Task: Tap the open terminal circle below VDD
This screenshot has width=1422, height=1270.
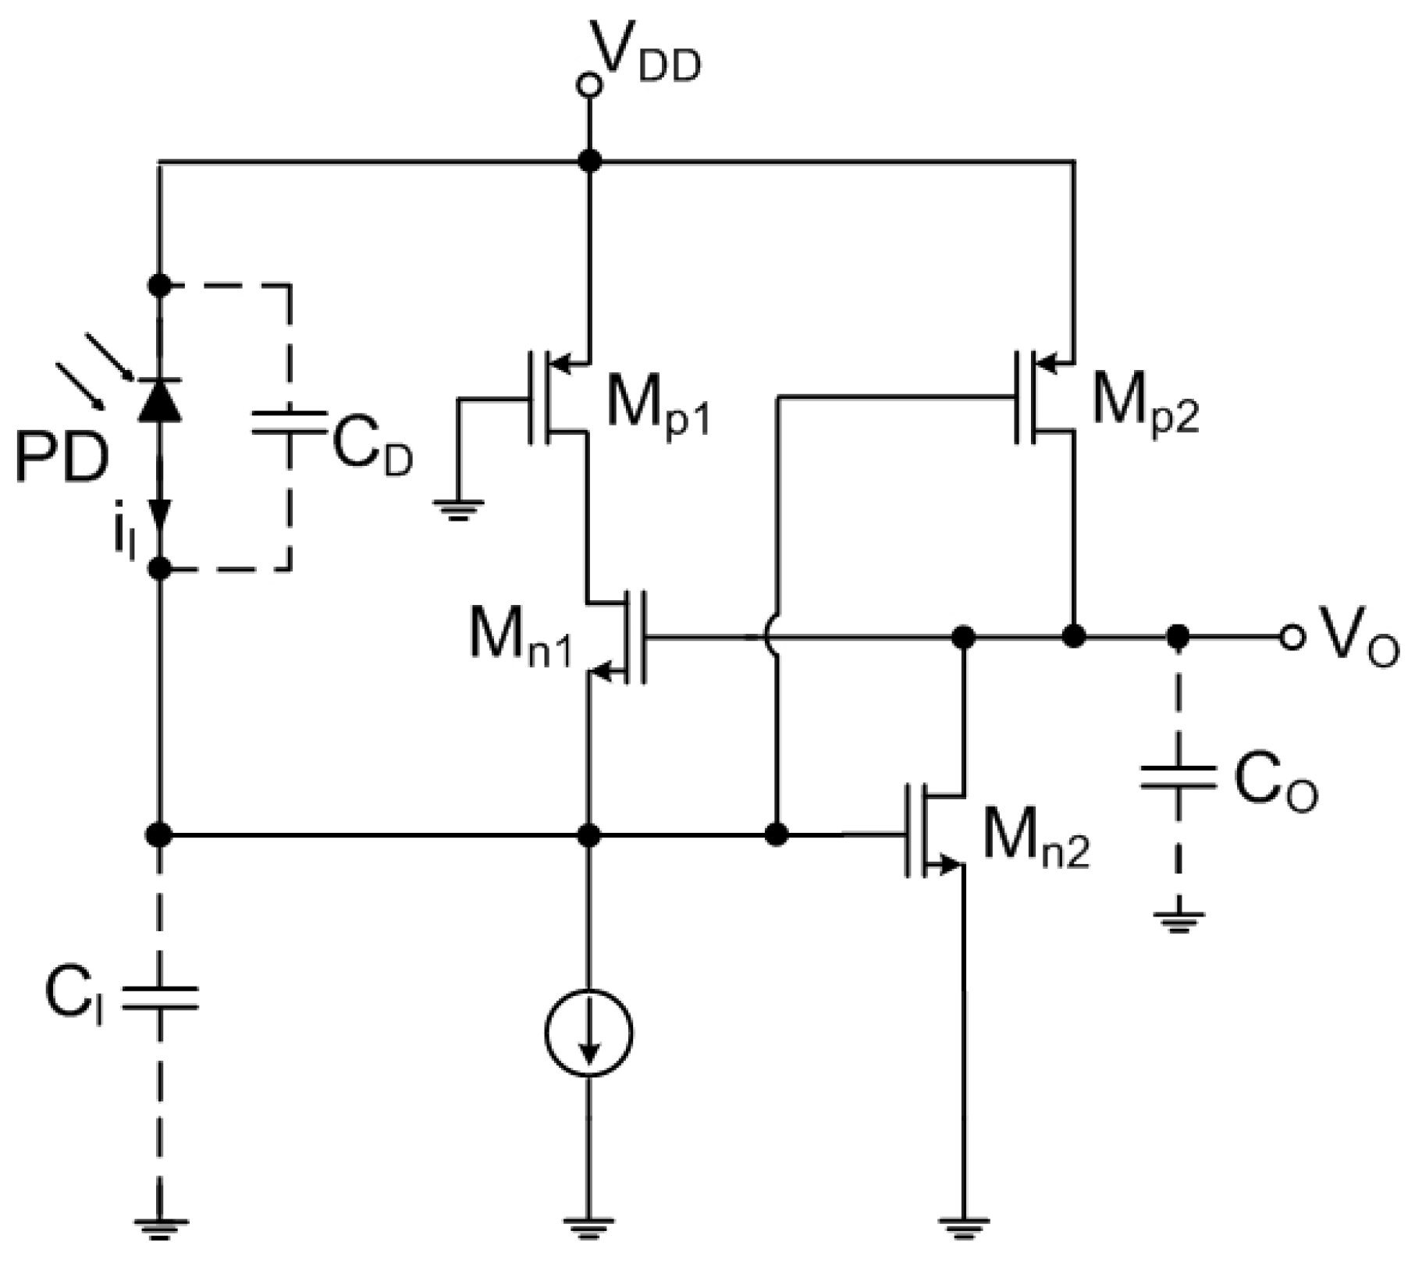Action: pyautogui.click(x=589, y=85)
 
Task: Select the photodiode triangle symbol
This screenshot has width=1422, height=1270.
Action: pyautogui.click(x=160, y=400)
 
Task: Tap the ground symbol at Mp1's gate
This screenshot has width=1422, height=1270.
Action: pyautogui.click(x=458, y=509)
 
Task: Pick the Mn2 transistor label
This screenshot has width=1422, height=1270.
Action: pyautogui.click(x=1035, y=838)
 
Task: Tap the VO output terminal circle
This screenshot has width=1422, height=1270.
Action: pyautogui.click(x=1292, y=637)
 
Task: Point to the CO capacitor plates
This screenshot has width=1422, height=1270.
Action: pyautogui.click(x=1178, y=777)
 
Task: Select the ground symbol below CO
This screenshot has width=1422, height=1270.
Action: pyautogui.click(x=1178, y=922)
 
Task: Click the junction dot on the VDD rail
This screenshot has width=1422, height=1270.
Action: pyautogui.click(x=589, y=162)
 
